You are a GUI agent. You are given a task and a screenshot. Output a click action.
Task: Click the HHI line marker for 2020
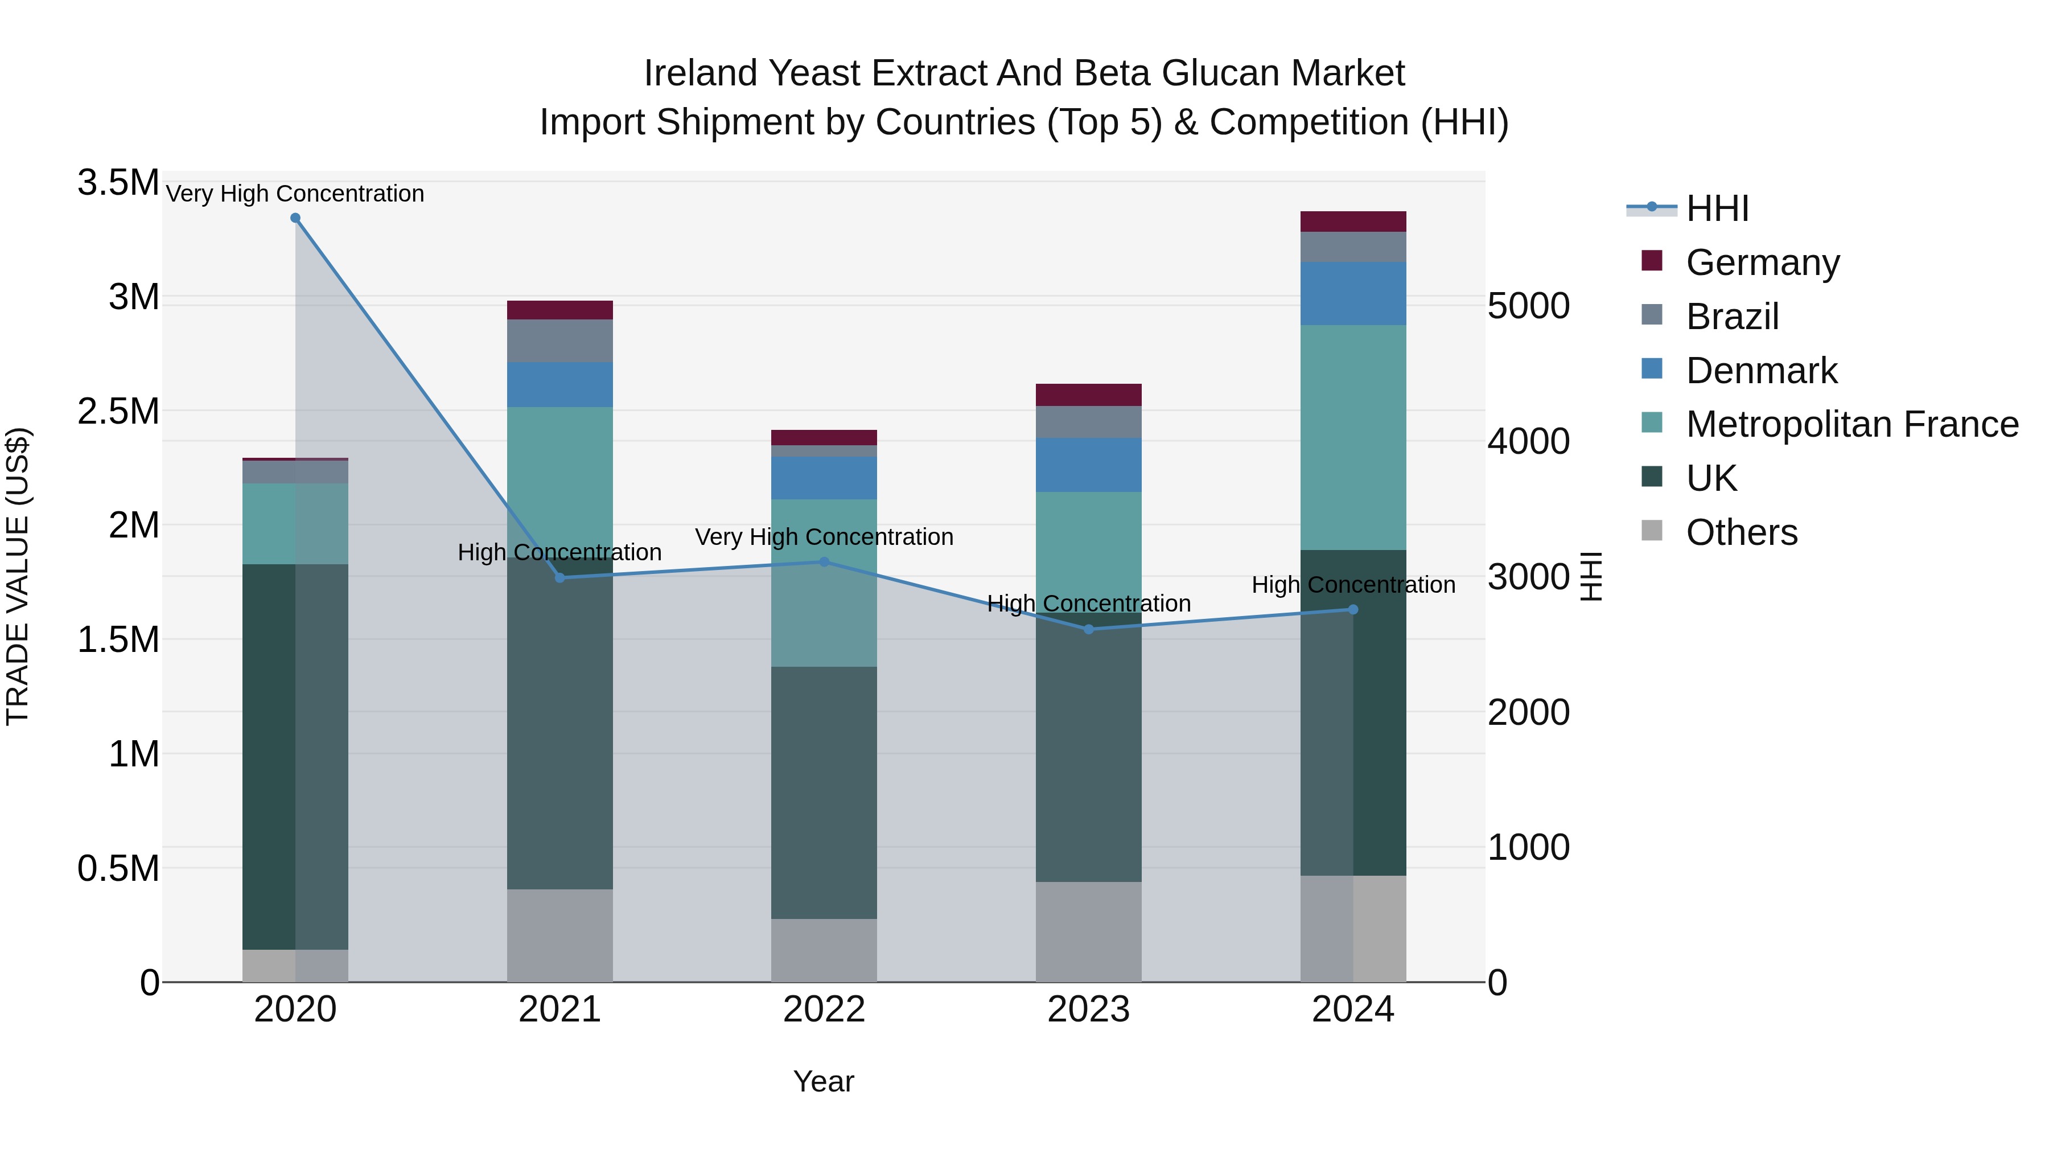[295, 218]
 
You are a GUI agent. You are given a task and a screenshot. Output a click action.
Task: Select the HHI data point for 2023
[1089, 629]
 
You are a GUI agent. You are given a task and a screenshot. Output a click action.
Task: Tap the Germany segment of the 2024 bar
[1353, 221]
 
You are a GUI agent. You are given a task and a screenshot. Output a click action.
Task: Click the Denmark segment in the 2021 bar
[560, 385]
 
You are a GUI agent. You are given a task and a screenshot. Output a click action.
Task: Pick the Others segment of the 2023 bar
[1089, 932]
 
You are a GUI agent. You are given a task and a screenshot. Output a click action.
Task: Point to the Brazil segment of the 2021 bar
[560, 340]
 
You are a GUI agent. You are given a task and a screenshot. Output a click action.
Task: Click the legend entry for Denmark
[1761, 371]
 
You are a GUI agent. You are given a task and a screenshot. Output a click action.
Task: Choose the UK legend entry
[1711, 478]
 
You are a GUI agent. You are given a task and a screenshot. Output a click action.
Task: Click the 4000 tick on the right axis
[1528, 442]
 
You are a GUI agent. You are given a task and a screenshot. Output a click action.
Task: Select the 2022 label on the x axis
[824, 1010]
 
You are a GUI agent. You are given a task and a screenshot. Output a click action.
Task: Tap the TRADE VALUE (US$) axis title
[18, 576]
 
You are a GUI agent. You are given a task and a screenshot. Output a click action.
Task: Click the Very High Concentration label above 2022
[824, 537]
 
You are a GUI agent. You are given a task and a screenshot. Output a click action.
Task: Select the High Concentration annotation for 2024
[1353, 585]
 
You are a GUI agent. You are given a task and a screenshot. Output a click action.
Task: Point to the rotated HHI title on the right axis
[1590, 576]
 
